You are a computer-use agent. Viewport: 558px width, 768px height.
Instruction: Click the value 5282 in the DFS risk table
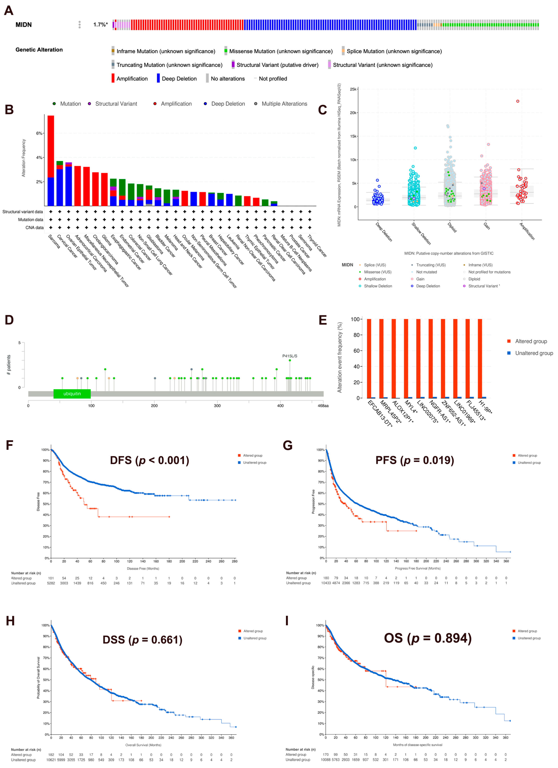coord(51,583)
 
